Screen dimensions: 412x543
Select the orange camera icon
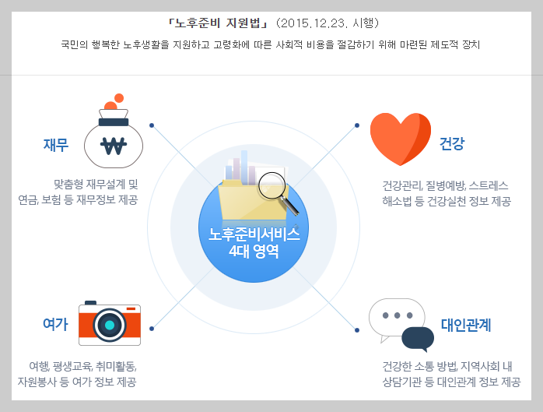(110, 324)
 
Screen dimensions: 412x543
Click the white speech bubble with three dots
(397, 317)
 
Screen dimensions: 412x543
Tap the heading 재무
(56, 145)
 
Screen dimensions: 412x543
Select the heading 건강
(452, 144)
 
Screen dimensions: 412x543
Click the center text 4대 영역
(254, 251)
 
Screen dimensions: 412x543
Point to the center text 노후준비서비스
(254, 235)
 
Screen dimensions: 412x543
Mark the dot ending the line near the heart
(357, 125)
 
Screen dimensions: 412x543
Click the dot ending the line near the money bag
(152, 125)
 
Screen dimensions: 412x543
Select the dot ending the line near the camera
(151, 329)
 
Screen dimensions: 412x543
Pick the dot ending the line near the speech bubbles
(356, 330)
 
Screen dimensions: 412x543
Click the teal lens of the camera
(110, 325)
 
